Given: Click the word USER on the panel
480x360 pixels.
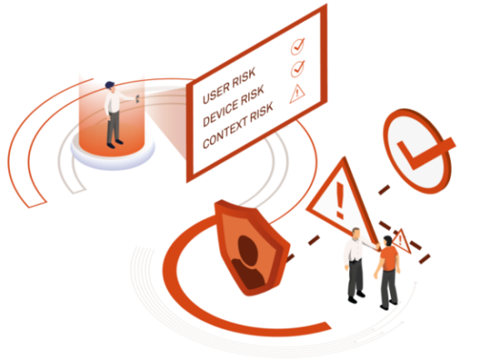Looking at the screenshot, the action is coord(216,92).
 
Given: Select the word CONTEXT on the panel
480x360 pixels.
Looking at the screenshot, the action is coord(224,134).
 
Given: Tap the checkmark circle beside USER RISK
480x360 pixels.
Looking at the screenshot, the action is coord(297,47).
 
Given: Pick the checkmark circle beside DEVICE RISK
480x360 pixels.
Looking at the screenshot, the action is coord(297,68).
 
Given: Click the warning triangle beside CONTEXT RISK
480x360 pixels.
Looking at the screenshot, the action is coord(297,93).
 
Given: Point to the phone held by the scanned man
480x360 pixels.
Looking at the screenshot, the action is coord(137,98).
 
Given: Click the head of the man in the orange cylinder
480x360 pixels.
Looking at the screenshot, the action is coord(110,87).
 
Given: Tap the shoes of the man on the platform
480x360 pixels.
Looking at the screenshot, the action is coord(114,143).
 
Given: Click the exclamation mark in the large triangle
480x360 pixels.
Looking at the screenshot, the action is coord(339,200).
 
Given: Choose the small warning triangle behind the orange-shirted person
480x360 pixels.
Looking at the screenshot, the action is coord(402,241).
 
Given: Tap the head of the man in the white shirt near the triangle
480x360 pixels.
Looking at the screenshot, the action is coord(356,233).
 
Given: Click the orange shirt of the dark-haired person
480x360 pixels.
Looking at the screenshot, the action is coord(388,258).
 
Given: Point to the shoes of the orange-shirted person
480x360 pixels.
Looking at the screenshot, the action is coord(389,305).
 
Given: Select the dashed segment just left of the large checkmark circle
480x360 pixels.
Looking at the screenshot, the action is coord(384,189).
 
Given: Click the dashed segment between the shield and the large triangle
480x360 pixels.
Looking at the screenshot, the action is coord(313,240).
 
